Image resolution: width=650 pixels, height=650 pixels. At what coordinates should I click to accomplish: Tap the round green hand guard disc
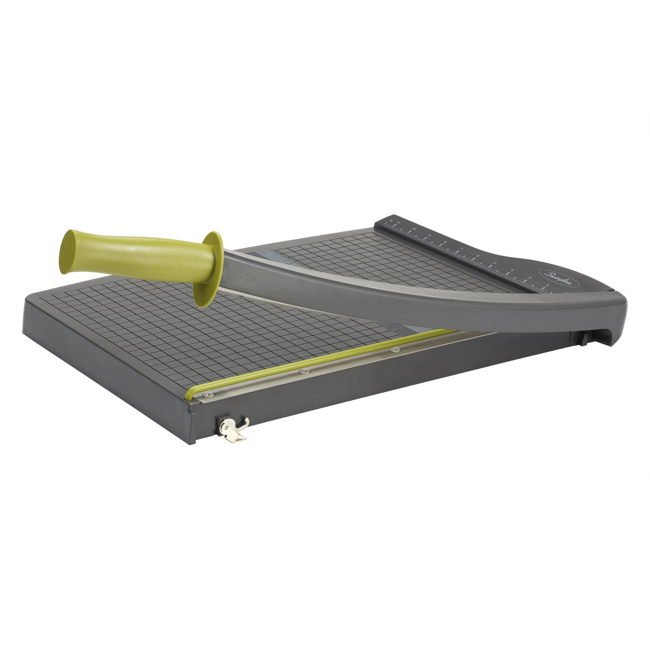[x=208, y=269]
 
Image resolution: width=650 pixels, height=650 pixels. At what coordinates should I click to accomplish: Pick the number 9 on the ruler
[x=429, y=235]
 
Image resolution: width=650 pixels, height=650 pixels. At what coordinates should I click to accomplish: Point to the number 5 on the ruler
[x=494, y=263]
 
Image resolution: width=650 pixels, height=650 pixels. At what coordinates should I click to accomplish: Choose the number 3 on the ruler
[x=530, y=278]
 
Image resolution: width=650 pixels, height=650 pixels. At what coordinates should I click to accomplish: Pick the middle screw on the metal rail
[x=305, y=371]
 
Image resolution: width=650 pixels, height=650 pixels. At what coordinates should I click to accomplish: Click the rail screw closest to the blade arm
[x=395, y=350]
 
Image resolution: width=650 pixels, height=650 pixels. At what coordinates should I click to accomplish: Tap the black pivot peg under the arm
[x=581, y=339]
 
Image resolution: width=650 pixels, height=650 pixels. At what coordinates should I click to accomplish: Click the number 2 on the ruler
[x=548, y=285]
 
